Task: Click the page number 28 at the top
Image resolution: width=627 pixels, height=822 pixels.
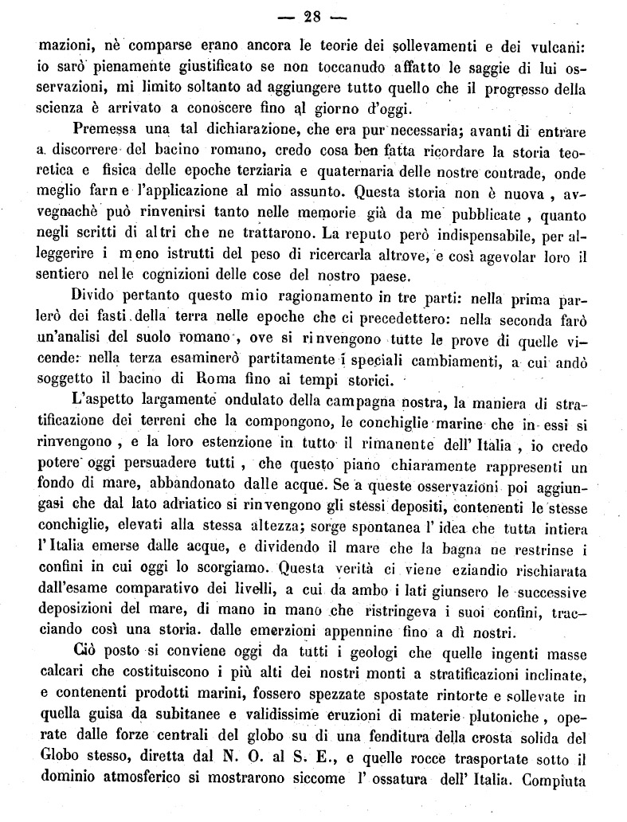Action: pyautogui.click(x=315, y=13)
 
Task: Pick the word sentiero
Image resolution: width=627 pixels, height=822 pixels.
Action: pyautogui.click(x=65, y=276)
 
